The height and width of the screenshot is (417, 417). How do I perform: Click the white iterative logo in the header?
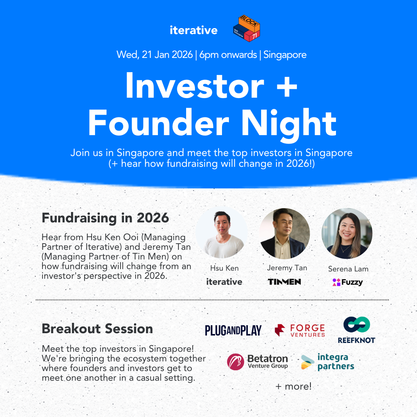(x=193, y=30)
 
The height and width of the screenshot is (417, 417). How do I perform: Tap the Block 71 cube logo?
(x=246, y=29)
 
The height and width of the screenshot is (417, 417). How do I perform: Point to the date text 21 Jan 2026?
(x=167, y=54)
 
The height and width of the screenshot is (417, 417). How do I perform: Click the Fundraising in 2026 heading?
(x=105, y=218)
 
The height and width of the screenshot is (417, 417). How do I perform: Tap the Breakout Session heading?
(x=97, y=329)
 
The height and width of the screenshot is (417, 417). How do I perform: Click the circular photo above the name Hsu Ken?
(x=222, y=233)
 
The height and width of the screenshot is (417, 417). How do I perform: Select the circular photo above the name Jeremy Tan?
(x=285, y=233)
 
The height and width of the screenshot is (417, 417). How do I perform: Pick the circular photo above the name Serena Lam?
(x=347, y=233)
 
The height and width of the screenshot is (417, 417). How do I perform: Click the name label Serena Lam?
(x=348, y=269)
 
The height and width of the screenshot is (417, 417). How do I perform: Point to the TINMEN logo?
(x=284, y=281)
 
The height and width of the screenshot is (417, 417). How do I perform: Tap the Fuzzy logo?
(x=347, y=282)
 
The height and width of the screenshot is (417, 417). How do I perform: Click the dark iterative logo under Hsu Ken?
(x=224, y=281)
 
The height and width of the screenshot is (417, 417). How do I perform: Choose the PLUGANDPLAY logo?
(x=233, y=331)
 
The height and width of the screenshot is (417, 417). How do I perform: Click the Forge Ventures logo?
(x=300, y=330)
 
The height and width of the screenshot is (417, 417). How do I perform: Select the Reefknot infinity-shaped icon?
(x=357, y=324)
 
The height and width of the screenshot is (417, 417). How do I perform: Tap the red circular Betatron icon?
(x=236, y=362)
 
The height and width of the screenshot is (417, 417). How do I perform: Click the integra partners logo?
(x=328, y=362)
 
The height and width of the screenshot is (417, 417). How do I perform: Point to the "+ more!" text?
(x=293, y=386)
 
